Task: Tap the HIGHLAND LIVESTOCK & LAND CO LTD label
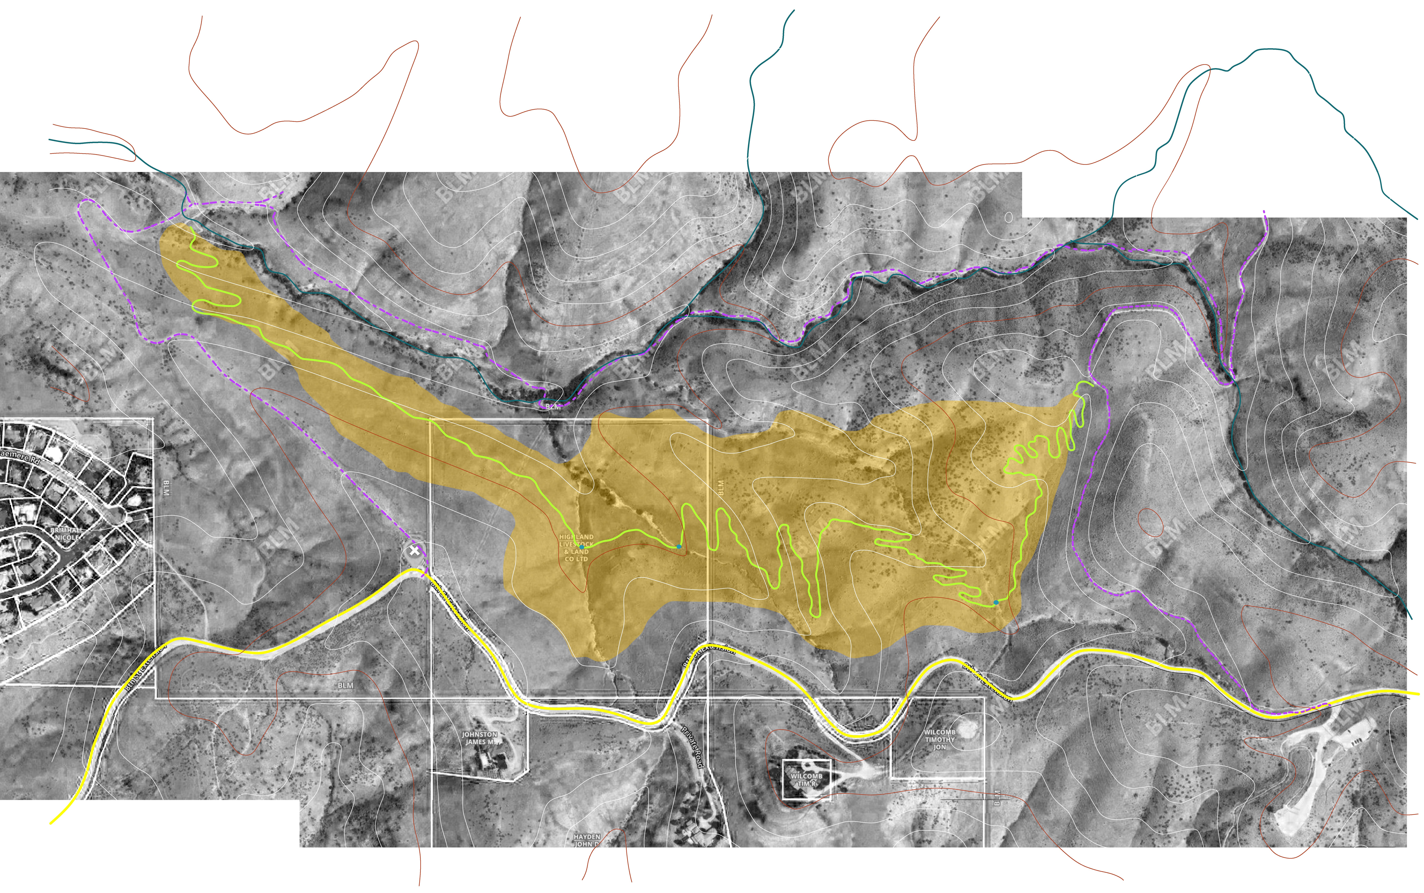(576, 547)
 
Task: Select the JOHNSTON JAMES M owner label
(479, 738)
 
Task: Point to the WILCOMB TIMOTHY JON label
(939, 739)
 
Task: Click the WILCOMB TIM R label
(806, 780)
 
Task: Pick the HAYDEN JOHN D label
(586, 840)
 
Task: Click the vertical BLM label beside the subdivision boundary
(165, 488)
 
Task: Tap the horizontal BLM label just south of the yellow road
(346, 685)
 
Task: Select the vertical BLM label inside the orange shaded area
(721, 487)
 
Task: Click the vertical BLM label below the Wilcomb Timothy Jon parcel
(997, 797)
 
